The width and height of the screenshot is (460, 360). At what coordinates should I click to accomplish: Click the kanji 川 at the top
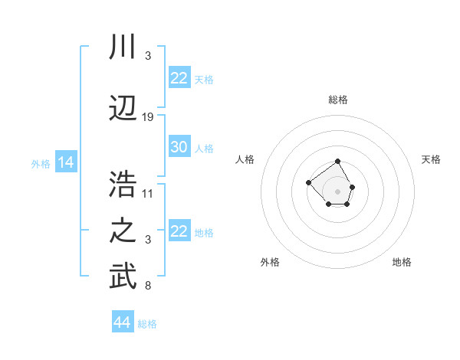click(123, 47)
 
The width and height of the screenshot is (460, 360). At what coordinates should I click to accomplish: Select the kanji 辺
click(123, 106)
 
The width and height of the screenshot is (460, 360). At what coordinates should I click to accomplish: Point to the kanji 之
click(123, 231)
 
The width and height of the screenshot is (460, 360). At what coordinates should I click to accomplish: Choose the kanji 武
click(123, 277)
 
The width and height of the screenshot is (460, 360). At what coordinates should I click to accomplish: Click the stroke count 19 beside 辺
click(148, 117)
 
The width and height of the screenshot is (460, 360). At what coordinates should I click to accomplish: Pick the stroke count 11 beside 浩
click(148, 193)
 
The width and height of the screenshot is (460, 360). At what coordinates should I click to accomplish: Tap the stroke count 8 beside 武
click(148, 286)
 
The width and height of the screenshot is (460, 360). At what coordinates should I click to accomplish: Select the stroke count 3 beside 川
click(148, 56)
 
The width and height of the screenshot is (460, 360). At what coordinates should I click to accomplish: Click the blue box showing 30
click(179, 147)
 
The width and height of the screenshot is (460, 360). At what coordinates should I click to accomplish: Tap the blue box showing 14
click(65, 162)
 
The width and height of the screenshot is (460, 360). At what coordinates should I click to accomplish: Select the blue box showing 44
click(122, 322)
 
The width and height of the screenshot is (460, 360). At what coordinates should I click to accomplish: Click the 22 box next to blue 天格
click(179, 78)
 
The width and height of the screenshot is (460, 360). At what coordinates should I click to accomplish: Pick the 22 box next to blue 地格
click(179, 231)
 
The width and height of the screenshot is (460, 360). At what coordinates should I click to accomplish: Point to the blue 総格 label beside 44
click(147, 324)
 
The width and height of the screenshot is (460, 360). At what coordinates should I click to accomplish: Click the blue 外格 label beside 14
click(41, 164)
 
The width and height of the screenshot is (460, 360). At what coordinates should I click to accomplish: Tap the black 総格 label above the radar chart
click(338, 100)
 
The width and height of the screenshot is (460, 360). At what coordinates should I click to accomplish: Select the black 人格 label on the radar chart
click(245, 159)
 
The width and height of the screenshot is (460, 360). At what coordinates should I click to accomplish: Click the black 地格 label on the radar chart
click(402, 262)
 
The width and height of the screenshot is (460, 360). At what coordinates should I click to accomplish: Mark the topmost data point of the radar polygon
click(338, 162)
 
